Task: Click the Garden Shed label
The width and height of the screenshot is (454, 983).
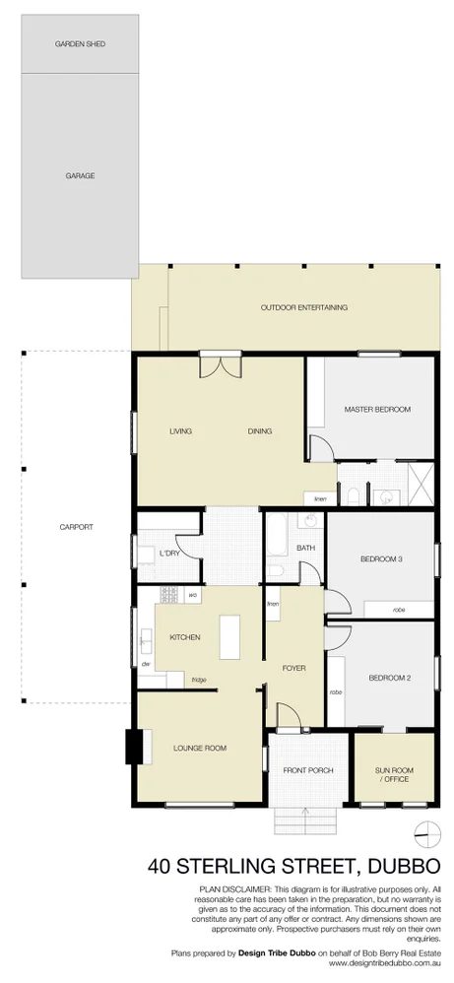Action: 81,44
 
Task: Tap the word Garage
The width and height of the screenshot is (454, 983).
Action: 81,175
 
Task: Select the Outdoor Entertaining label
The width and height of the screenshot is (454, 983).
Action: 303,307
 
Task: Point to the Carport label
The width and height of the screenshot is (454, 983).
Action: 76,527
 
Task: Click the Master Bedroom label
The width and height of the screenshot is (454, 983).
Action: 376,409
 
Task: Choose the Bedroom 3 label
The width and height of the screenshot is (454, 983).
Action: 382,558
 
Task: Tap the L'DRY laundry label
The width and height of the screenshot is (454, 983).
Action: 169,554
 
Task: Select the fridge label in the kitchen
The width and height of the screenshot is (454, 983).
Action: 198,681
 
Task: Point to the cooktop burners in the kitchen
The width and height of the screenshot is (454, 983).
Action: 168,596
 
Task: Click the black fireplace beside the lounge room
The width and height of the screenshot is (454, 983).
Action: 132,748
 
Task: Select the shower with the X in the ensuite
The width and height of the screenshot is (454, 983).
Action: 421,488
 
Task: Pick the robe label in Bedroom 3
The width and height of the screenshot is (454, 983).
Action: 398,609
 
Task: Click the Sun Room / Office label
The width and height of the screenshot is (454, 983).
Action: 393,774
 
